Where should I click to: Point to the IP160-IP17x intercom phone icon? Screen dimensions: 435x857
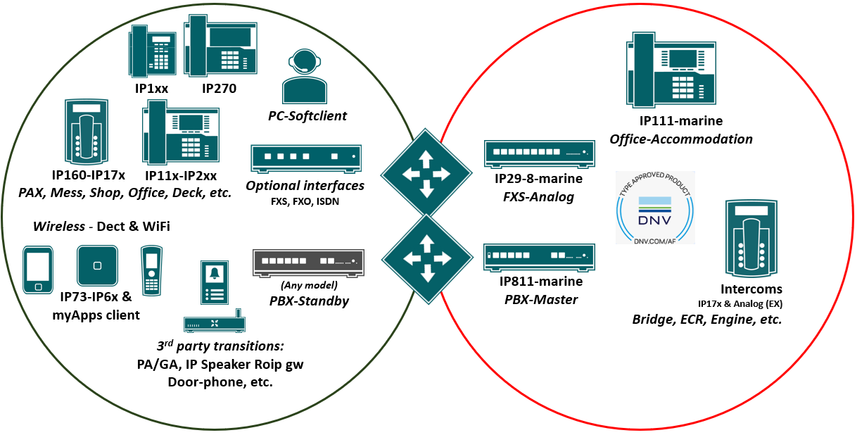coord(87,131)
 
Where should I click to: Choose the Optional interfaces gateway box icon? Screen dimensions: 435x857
coord(306,158)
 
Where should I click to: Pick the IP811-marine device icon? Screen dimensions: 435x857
coord(540,258)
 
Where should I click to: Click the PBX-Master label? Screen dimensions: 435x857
coord(541,299)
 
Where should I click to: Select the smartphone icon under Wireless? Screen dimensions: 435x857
coord(37,269)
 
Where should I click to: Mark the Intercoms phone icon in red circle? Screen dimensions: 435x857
coord(751,238)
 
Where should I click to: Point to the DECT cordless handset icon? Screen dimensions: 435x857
coord(151,269)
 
